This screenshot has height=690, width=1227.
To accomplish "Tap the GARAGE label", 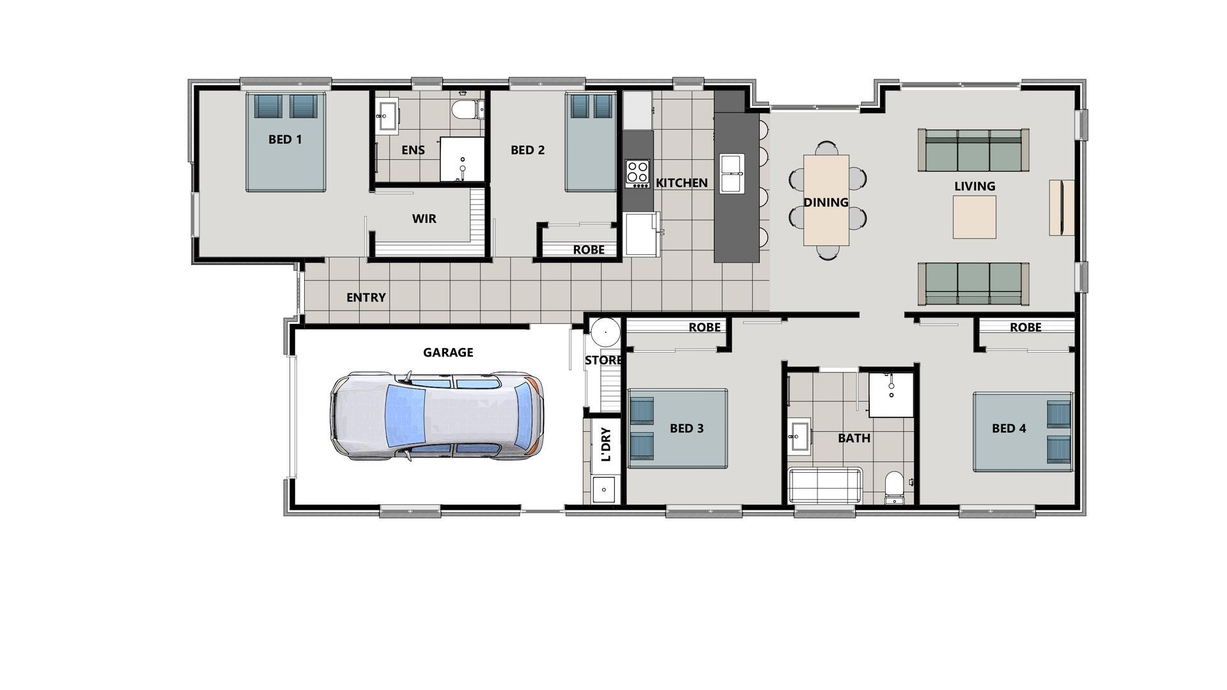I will pyautogui.click(x=448, y=352).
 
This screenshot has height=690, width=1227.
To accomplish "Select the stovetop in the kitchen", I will pyautogui.click(x=637, y=173).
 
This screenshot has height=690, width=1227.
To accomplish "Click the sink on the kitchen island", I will pyautogui.click(x=732, y=173).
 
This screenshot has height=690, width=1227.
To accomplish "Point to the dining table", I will pyautogui.click(x=826, y=201).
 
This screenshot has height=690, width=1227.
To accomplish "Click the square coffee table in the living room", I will pyautogui.click(x=974, y=217).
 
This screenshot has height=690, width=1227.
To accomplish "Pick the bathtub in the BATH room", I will pyautogui.click(x=824, y=486).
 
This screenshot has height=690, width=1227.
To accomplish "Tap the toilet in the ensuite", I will pyautogui.click(x=465, y=111).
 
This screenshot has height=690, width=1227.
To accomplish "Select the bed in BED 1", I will pyautogui.click(x=286, y=142).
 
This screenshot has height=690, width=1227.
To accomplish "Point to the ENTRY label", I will pyautogui.click(x=366, y=298).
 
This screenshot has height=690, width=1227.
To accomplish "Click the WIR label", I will pyautogui.click(x=424, y=218).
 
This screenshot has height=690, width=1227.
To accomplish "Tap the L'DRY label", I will pyautogui.click(x=606, y=443).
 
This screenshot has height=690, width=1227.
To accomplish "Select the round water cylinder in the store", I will pyautogui.click(x=605, y=332).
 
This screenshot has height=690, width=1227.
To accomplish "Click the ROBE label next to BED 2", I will pyautogui.click(x=588, y=250).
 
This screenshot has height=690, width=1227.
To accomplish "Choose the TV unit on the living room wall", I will pyautogui.click(x=1061, y=208).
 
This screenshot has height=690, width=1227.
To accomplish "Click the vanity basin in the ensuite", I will pyautogui.click(x=387, y=116).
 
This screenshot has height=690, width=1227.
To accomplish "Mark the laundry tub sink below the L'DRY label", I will pyautogui.click(x=603, y=489).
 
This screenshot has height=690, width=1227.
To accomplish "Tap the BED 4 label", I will pyautogui.click(x=1008, y=428).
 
